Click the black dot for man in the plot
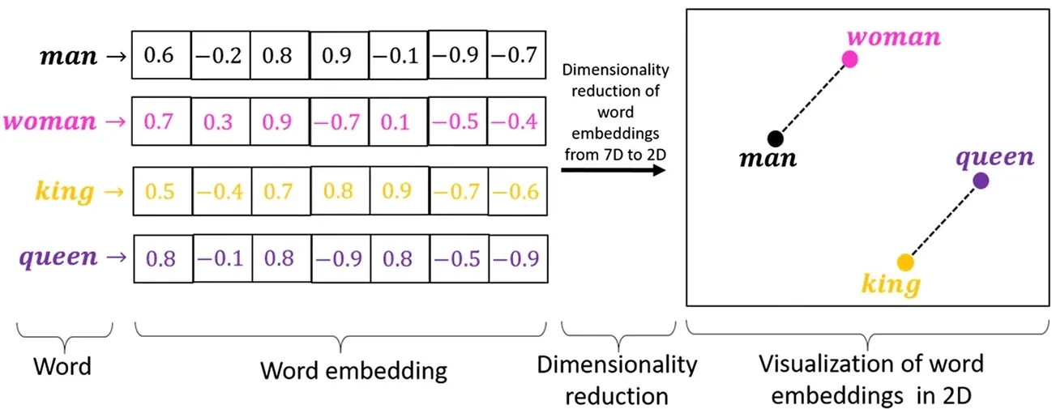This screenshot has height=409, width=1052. click(x=776, y=138)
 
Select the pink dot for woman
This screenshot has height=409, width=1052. click(x=849, y=58)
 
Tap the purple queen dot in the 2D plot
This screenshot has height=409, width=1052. click(x=981, y=181)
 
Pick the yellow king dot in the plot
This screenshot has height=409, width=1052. click(x=905, y=262)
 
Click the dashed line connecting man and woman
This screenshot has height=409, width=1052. click(x=812, y=99)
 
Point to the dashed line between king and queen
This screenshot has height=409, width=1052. click(x=943, y=221)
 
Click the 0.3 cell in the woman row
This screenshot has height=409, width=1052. click(x=220, y=122)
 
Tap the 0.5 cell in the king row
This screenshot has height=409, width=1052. click(x=161, y=192)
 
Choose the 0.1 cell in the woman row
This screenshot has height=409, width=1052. click(x=399, y=122)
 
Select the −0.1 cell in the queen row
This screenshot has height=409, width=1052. click(x=220, y=259)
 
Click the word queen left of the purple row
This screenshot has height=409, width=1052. click(x=58, y=258)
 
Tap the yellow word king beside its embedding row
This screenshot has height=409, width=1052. click(x=65, y=192)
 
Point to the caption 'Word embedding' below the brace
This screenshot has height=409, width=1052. click(x=353, y=371)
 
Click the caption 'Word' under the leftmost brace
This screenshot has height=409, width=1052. click(x=62, y=366)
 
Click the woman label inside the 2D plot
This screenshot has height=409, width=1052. click(x=894, y=37)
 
